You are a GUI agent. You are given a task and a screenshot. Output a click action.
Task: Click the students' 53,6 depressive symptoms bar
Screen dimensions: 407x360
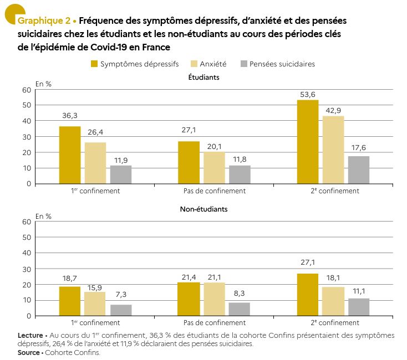click(308, 142)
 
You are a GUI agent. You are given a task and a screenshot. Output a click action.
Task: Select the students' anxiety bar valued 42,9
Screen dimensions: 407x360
click(333, 150)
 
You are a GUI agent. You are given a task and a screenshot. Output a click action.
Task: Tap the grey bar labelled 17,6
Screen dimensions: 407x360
click(359, 170)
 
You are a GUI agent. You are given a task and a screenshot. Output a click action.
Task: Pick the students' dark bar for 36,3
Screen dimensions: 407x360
click(70, 155)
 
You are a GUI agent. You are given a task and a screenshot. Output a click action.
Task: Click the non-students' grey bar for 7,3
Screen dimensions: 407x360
click(121, 310)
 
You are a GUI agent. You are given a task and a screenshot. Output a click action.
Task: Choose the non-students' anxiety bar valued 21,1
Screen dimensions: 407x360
click(215, 299)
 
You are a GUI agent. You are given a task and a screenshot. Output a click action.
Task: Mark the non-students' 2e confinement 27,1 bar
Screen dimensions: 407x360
click(308, 295)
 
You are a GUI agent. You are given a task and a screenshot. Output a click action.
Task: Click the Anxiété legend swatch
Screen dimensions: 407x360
click(194, 64)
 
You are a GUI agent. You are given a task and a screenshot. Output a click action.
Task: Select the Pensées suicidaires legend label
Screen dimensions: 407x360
click(282, 64)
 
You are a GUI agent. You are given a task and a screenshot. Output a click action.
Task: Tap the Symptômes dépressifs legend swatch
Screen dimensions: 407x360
click(94, 64)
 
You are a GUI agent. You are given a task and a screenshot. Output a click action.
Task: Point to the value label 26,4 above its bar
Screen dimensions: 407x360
click(95, 132)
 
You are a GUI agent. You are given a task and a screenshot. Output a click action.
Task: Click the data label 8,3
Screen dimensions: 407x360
click(240, 293)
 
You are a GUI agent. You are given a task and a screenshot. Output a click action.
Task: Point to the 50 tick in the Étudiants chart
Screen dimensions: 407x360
click(27, 105)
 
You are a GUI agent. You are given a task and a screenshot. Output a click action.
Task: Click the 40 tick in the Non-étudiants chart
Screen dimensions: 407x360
click(27, 253)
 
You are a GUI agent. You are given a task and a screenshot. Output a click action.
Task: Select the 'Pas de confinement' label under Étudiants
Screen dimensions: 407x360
click(215, 191)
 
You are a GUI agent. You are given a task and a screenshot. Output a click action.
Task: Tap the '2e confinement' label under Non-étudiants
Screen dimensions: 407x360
click(335, 323)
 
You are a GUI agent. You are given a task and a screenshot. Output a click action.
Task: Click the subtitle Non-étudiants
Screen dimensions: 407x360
click(203, 209)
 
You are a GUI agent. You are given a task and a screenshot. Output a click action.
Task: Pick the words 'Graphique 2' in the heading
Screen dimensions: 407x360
click(44, 20)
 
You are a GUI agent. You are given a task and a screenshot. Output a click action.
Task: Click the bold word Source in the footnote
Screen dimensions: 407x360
click(28, 352)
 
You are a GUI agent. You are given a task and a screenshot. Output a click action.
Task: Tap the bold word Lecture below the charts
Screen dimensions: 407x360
click(30, 336)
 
